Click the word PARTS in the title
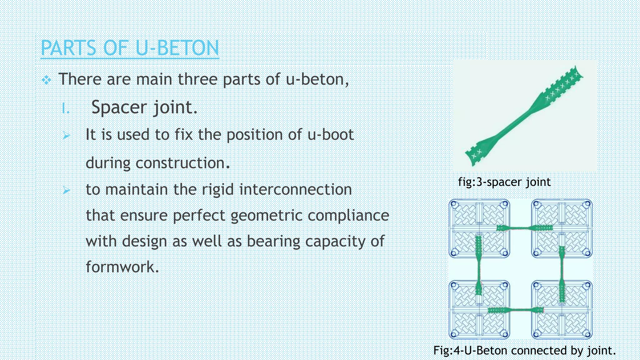click(68, 48)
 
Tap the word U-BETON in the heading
click(177, 48)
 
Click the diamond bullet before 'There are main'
click(47, 80)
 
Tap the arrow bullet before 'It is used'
click(66, 136)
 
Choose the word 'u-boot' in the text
click(330, 135)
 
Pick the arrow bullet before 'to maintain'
click(66, 190)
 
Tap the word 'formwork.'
click(122, 267)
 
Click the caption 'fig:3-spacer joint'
click(504, 182)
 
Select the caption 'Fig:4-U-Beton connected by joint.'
click(524, 350)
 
